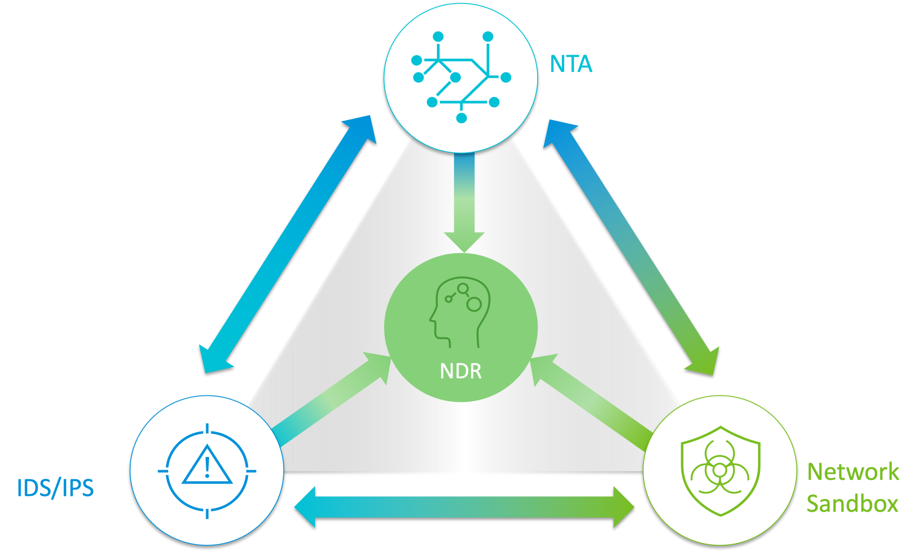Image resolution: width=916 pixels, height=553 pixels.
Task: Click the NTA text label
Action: tap(571, 64)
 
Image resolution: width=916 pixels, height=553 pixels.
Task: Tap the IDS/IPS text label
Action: tap(55, 488)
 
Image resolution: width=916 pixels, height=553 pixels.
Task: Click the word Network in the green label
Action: tap(853, 472)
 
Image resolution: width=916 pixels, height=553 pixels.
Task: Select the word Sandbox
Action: tap(852, 504)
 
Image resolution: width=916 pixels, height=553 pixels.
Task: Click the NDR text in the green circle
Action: tap(461, 371)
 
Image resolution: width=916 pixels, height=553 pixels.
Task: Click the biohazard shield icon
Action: tap(720, 471)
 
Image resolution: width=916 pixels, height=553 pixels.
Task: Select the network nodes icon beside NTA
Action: tap(461, 77)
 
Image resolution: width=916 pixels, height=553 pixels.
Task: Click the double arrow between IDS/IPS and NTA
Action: tap(287, 244)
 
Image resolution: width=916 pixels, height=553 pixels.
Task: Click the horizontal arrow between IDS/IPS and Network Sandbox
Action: tap(464, 507)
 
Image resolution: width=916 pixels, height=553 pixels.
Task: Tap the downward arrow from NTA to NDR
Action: tap(464, 201)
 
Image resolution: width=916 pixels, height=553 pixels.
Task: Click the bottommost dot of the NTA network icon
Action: tap(461, 118)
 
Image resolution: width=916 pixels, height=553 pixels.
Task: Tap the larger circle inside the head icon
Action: tap(474, 305)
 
